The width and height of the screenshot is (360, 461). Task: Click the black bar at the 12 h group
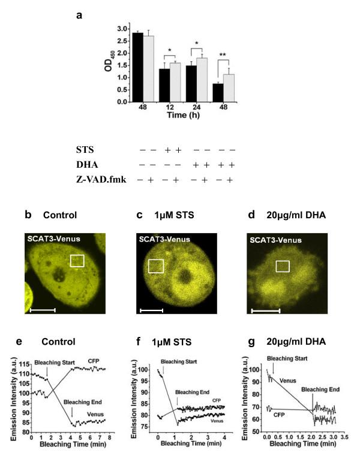(163, 85)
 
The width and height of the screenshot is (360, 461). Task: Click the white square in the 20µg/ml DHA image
(283, 266)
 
